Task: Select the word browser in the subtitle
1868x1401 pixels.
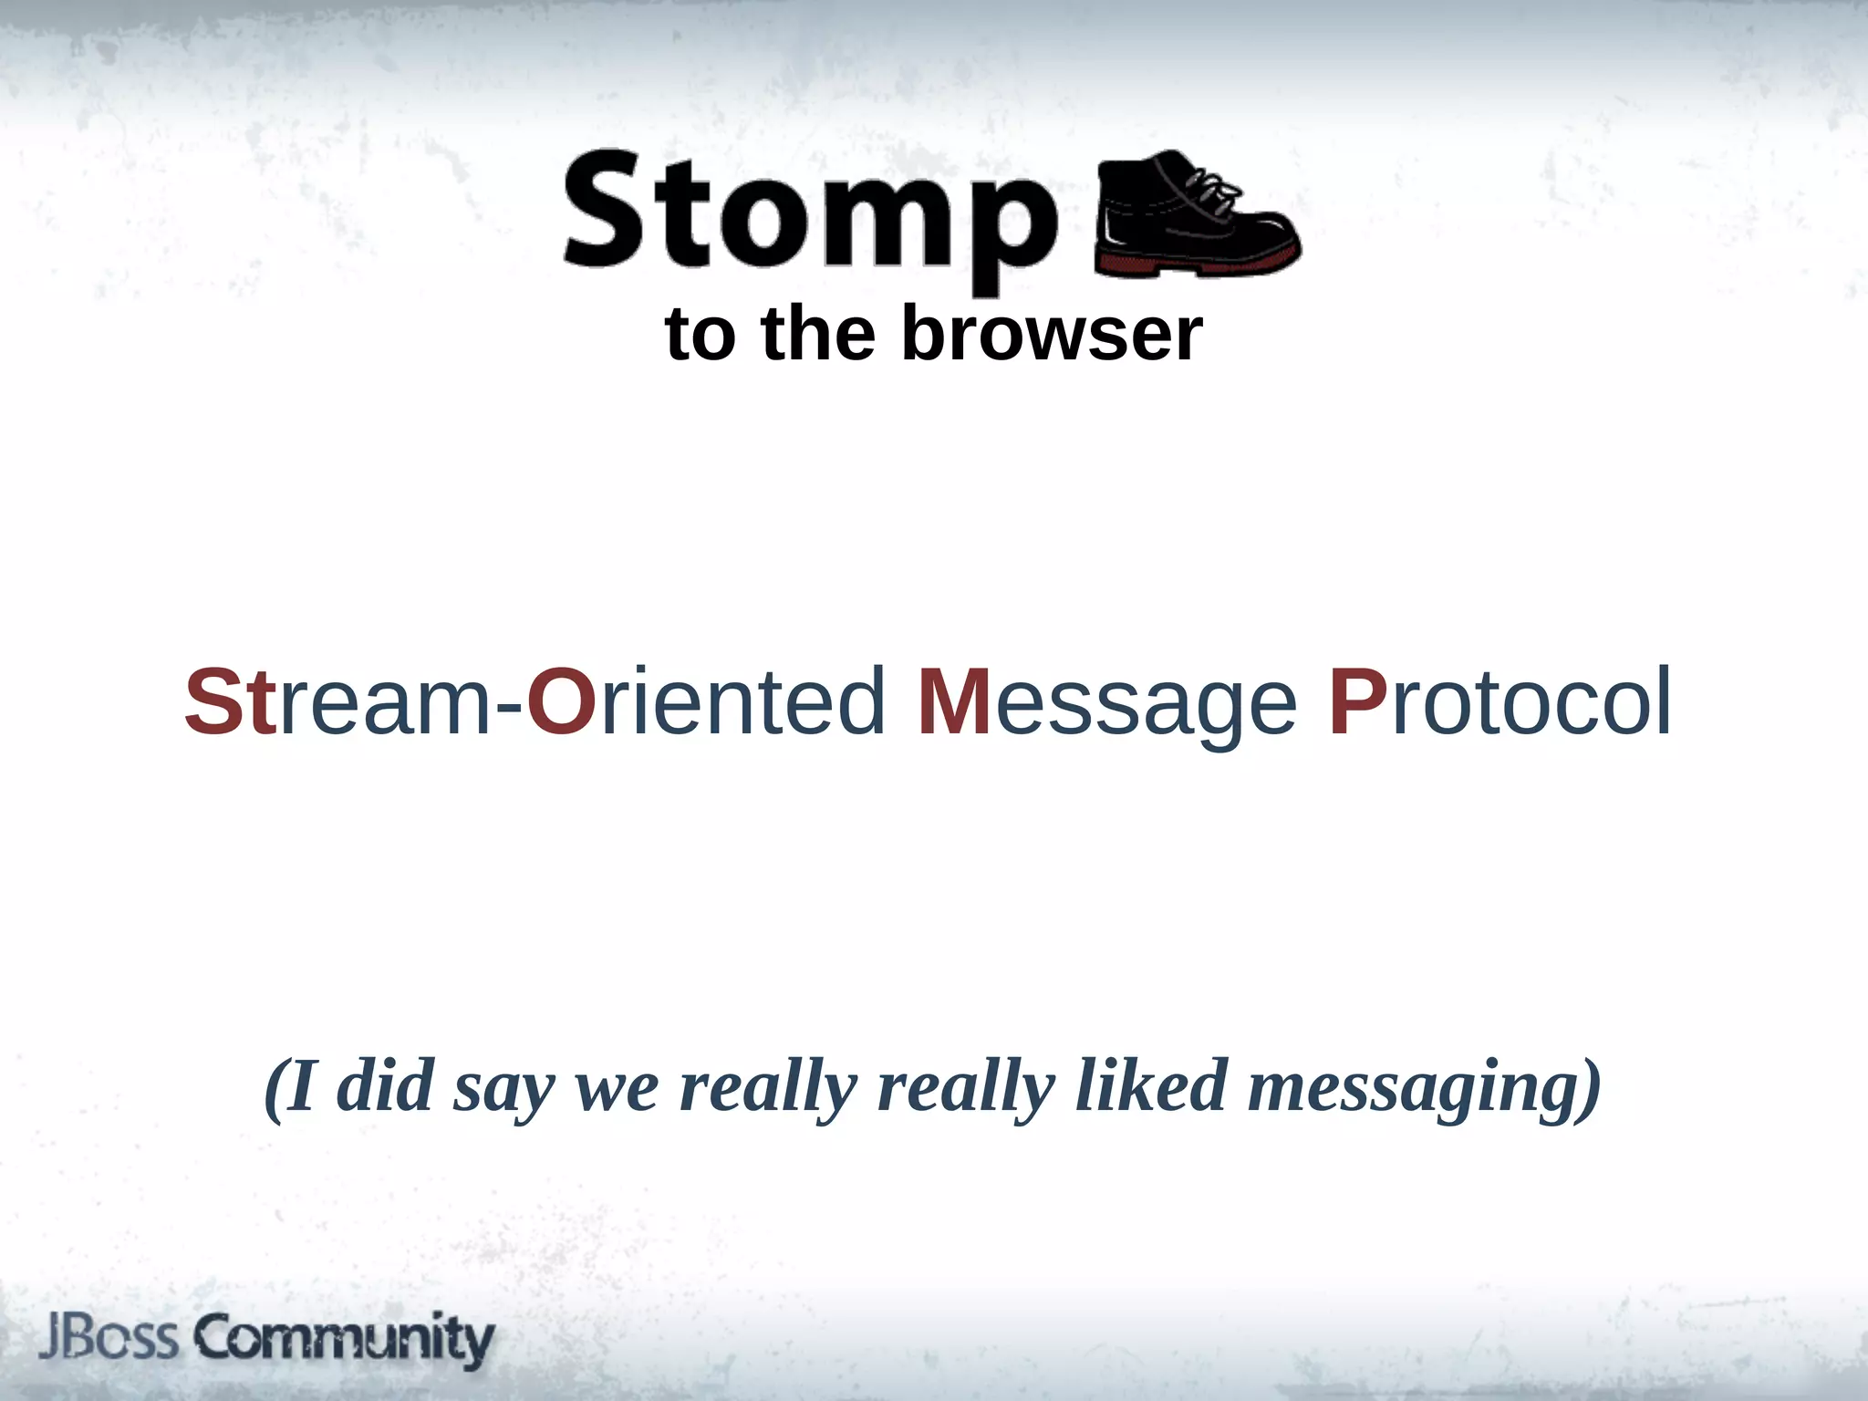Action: pos(1052,334)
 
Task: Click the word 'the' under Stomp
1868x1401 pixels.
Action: pos(818,334)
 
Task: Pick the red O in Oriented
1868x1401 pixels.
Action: pos(561,702)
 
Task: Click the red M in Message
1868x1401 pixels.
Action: pos(954,702)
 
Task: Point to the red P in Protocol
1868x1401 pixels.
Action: pos(1357,702)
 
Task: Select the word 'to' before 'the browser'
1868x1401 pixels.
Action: pos(700,334)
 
